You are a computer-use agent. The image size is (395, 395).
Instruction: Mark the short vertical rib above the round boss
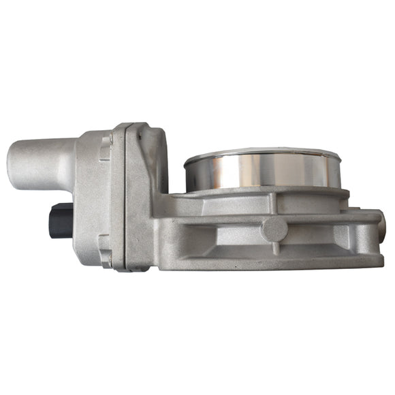pos(274,202)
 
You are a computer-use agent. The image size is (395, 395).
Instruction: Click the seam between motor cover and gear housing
pos(123,197)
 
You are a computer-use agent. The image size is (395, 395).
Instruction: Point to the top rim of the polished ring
pos(262,151)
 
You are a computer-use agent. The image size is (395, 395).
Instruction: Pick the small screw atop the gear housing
pos(139,136)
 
